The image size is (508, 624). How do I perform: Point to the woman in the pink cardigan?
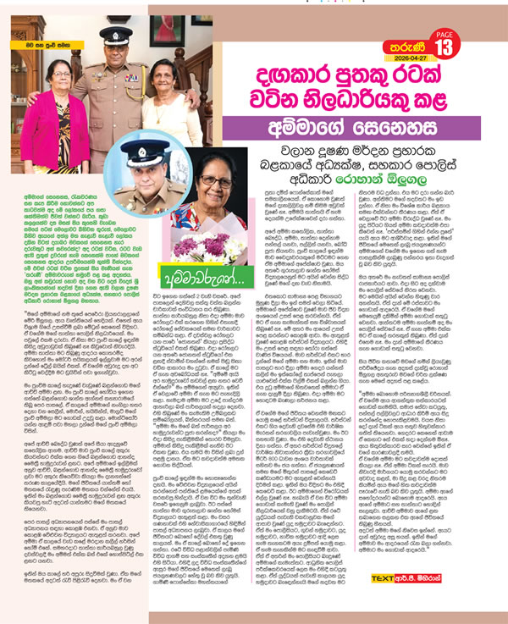click(x=57, y=127)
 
